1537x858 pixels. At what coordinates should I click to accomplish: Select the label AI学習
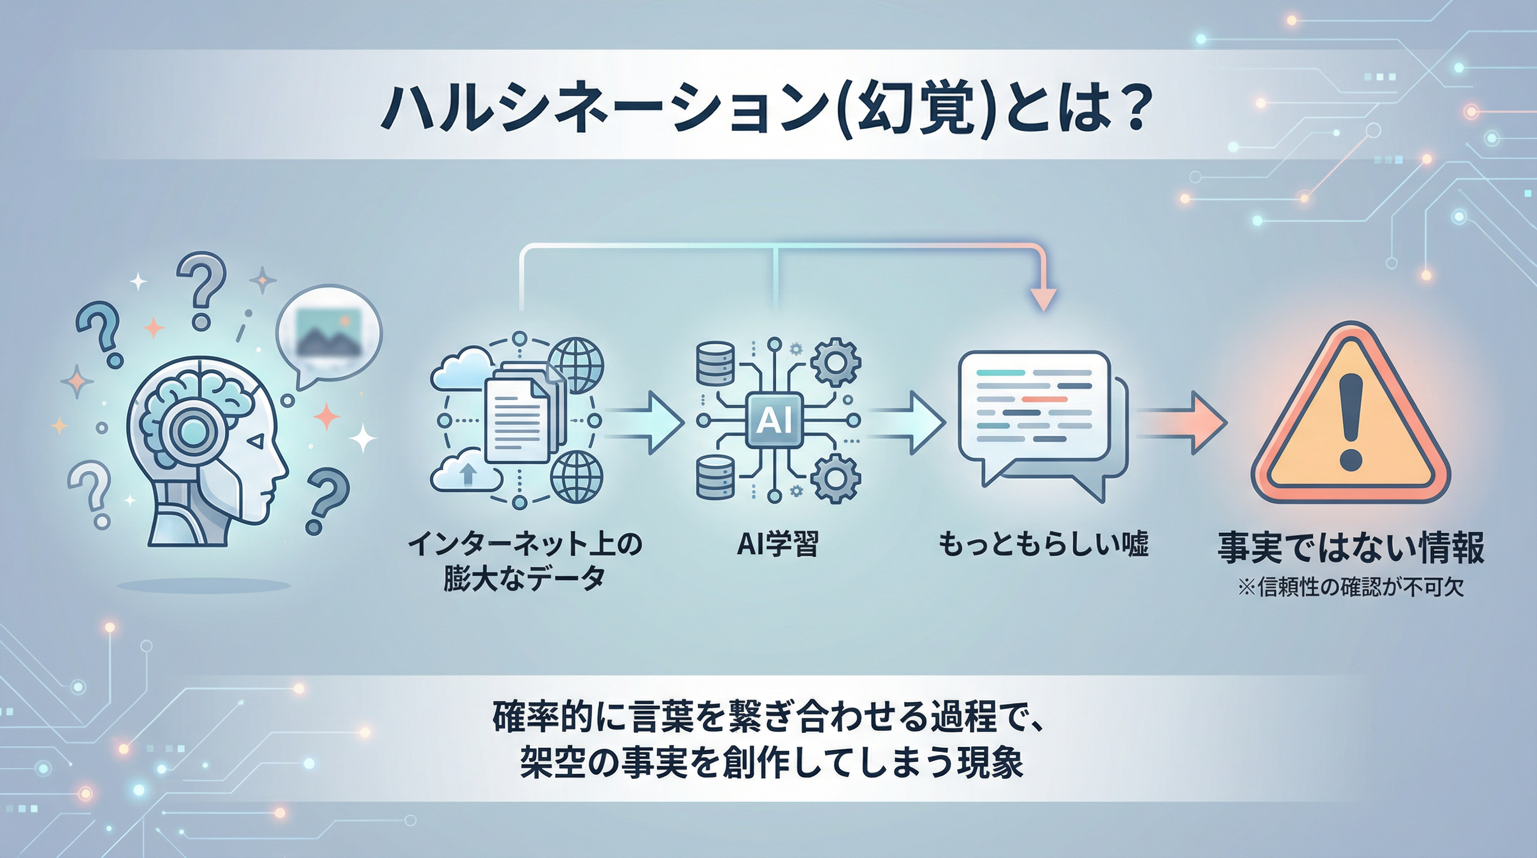[x=777, y=544]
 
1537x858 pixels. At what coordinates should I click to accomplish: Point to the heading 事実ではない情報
[x=1351, y=548]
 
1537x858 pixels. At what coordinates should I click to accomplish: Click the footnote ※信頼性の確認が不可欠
[x=1351, y=588]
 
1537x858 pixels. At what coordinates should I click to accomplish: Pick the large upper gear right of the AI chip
[x=836, y=361]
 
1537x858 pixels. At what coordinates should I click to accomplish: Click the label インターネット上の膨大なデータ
[x=524, y=561]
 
